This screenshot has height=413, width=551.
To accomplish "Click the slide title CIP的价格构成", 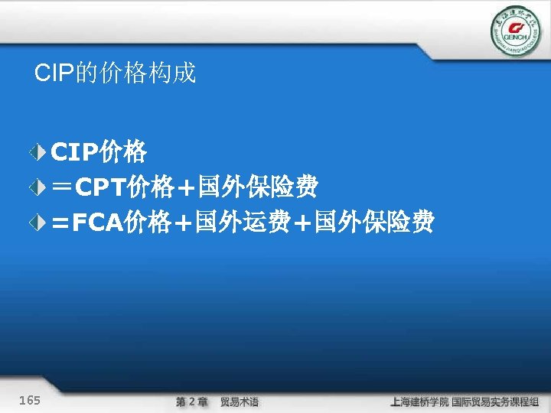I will point(116,73).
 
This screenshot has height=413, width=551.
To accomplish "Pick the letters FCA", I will point(99,223).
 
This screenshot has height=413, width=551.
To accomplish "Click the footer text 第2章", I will point(191,402).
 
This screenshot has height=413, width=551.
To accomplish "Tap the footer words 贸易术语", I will point(240,402).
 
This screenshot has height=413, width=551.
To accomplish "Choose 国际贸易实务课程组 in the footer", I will point(496,402).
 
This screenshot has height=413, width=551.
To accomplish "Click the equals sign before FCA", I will point(61,223).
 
